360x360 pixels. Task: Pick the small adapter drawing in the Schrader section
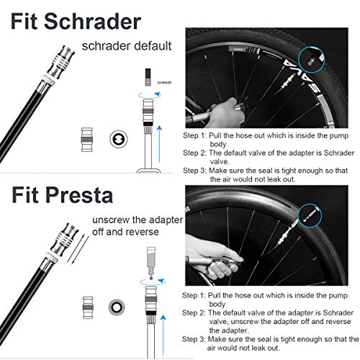[87, 138]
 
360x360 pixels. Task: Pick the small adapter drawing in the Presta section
[89, 307]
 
